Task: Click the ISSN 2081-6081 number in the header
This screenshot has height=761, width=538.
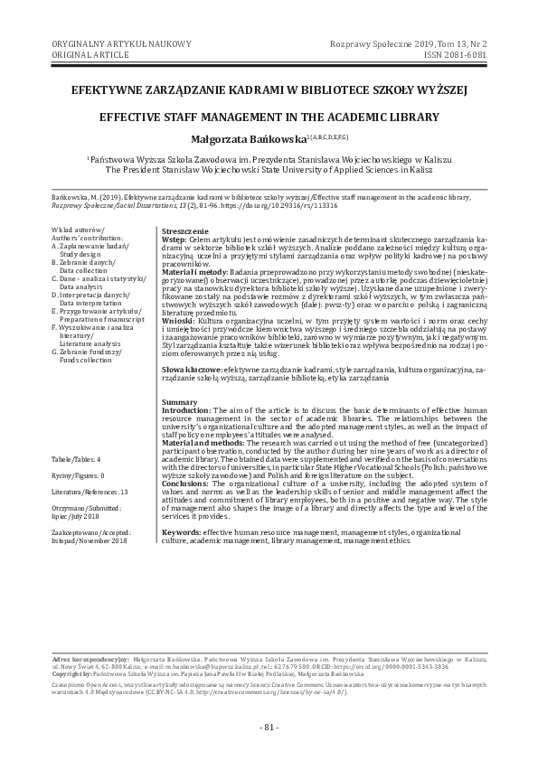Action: coord(474,54)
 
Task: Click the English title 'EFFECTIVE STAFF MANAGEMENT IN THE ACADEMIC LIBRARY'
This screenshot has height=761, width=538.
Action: coord(269,117)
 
